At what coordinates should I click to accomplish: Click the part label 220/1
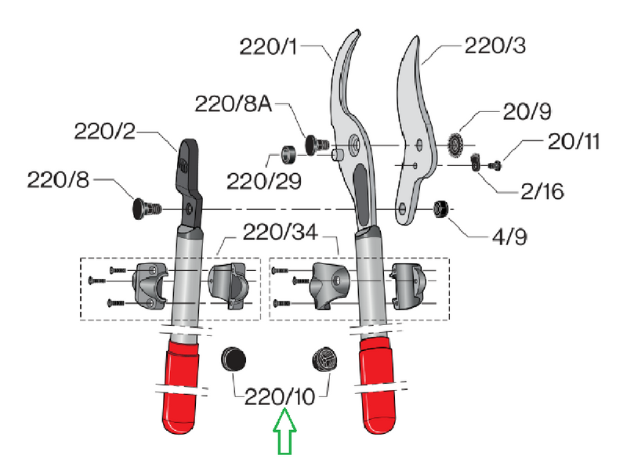[268, 46]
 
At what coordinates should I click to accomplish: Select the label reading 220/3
[495, 45]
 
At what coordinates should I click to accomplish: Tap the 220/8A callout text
[233, 104]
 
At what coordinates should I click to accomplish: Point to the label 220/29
[264, 182]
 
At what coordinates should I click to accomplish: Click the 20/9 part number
[527, 111]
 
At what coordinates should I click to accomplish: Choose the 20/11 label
[574, 142]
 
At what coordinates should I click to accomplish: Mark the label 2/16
[542, 191]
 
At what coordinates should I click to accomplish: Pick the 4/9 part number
[509, 237]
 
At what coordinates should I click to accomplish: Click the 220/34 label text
[281, 232]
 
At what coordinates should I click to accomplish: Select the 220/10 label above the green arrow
[280, 397]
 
